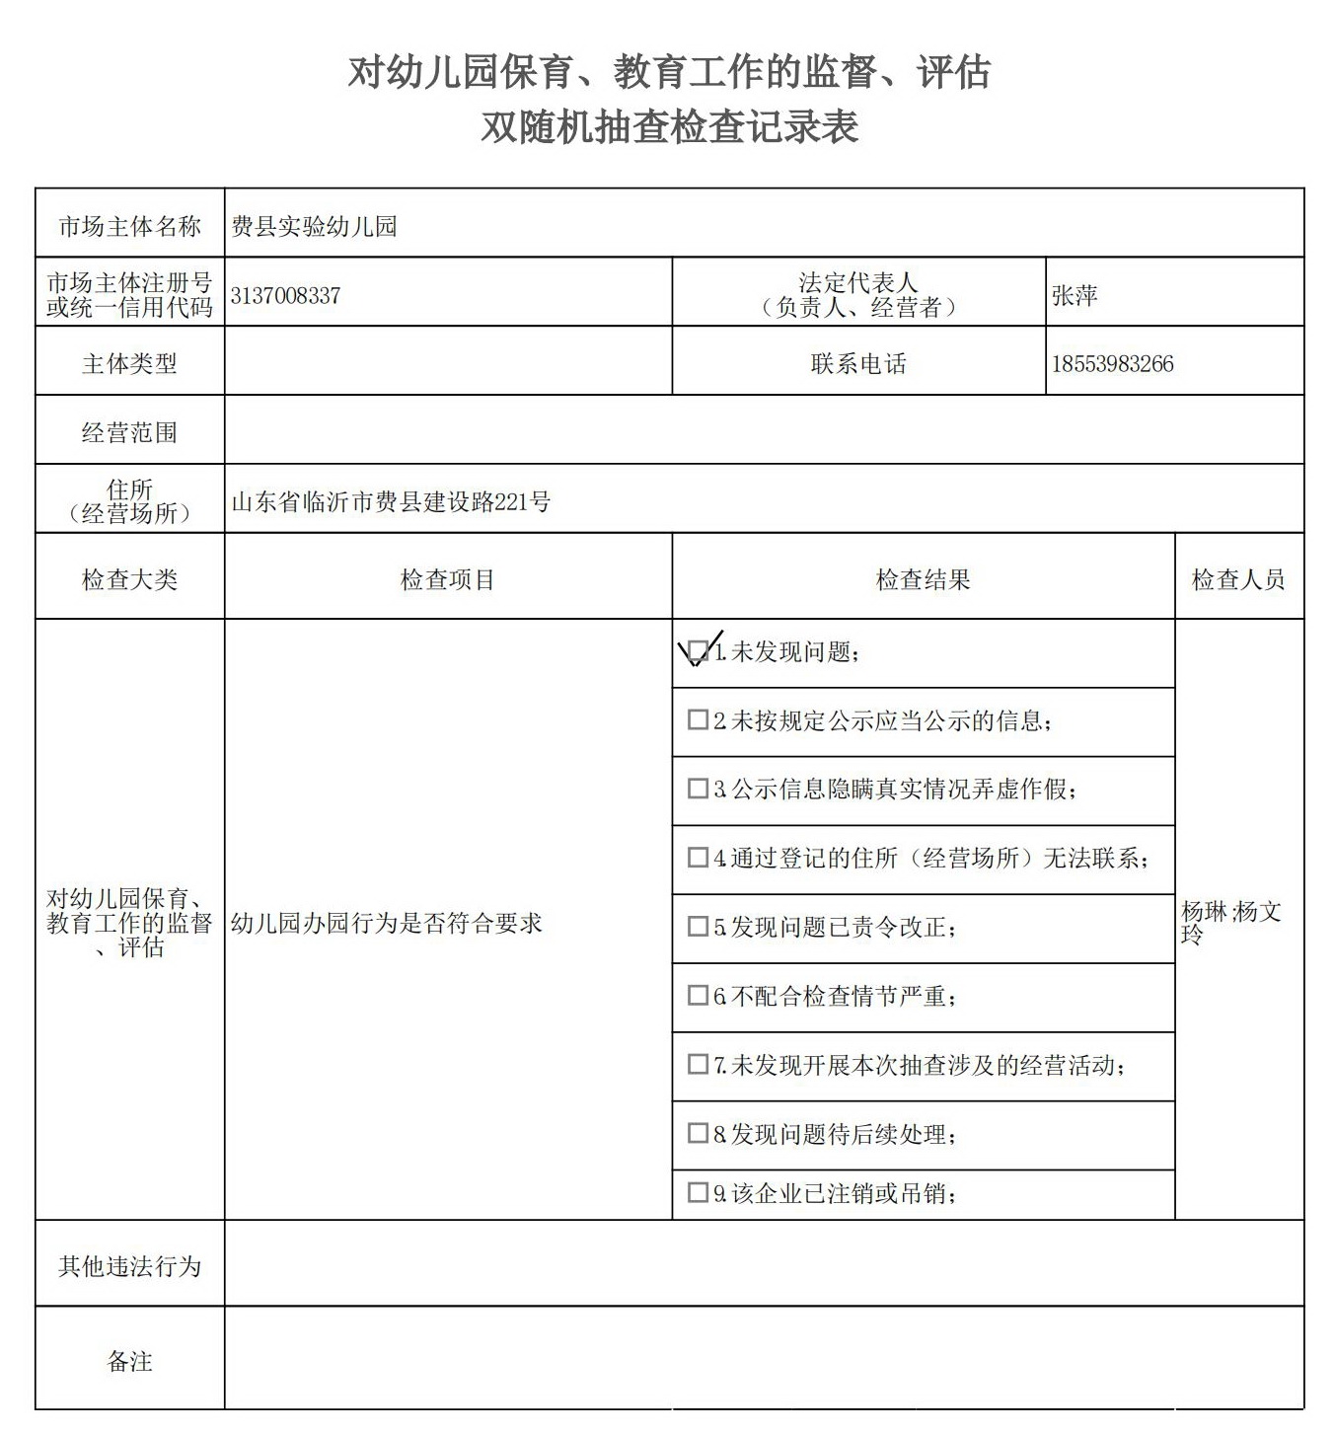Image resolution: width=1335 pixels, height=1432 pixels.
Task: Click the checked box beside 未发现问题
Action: point(698,651)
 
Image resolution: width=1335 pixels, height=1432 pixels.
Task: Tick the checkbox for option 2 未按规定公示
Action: point(698,720)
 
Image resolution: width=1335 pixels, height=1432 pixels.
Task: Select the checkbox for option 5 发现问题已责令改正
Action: point(698,927)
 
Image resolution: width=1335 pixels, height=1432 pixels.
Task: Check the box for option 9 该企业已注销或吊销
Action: point(698,1192)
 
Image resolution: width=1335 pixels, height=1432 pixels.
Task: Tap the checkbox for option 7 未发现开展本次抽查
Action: point(698,1064)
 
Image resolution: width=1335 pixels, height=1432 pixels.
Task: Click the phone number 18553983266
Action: point(1112,364)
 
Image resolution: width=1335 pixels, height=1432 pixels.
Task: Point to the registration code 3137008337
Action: point(285,295)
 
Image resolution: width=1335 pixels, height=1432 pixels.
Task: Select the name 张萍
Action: point(1075,295)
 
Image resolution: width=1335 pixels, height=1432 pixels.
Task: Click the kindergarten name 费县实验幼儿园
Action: point(314,227)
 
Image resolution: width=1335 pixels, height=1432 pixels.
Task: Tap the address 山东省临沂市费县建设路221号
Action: point(391,501)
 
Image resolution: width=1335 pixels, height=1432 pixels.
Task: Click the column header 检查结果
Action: point(923,580)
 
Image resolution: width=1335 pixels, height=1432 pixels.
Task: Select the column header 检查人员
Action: point(1238,580)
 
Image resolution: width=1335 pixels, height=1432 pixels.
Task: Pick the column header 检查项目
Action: point(447,580)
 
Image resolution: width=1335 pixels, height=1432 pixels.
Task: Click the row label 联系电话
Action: point(858,364)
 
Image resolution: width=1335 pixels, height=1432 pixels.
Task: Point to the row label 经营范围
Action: point(129,432)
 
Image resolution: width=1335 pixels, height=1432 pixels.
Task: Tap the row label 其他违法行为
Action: point(129,1266)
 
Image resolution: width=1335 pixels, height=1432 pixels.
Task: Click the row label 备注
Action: point(129,1362)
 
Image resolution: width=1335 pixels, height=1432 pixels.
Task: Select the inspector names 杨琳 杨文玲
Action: point(1231,922)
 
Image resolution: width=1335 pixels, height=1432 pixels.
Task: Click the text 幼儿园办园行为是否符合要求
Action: point(387,923)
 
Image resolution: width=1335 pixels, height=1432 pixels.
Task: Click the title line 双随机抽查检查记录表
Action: point(669,127)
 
